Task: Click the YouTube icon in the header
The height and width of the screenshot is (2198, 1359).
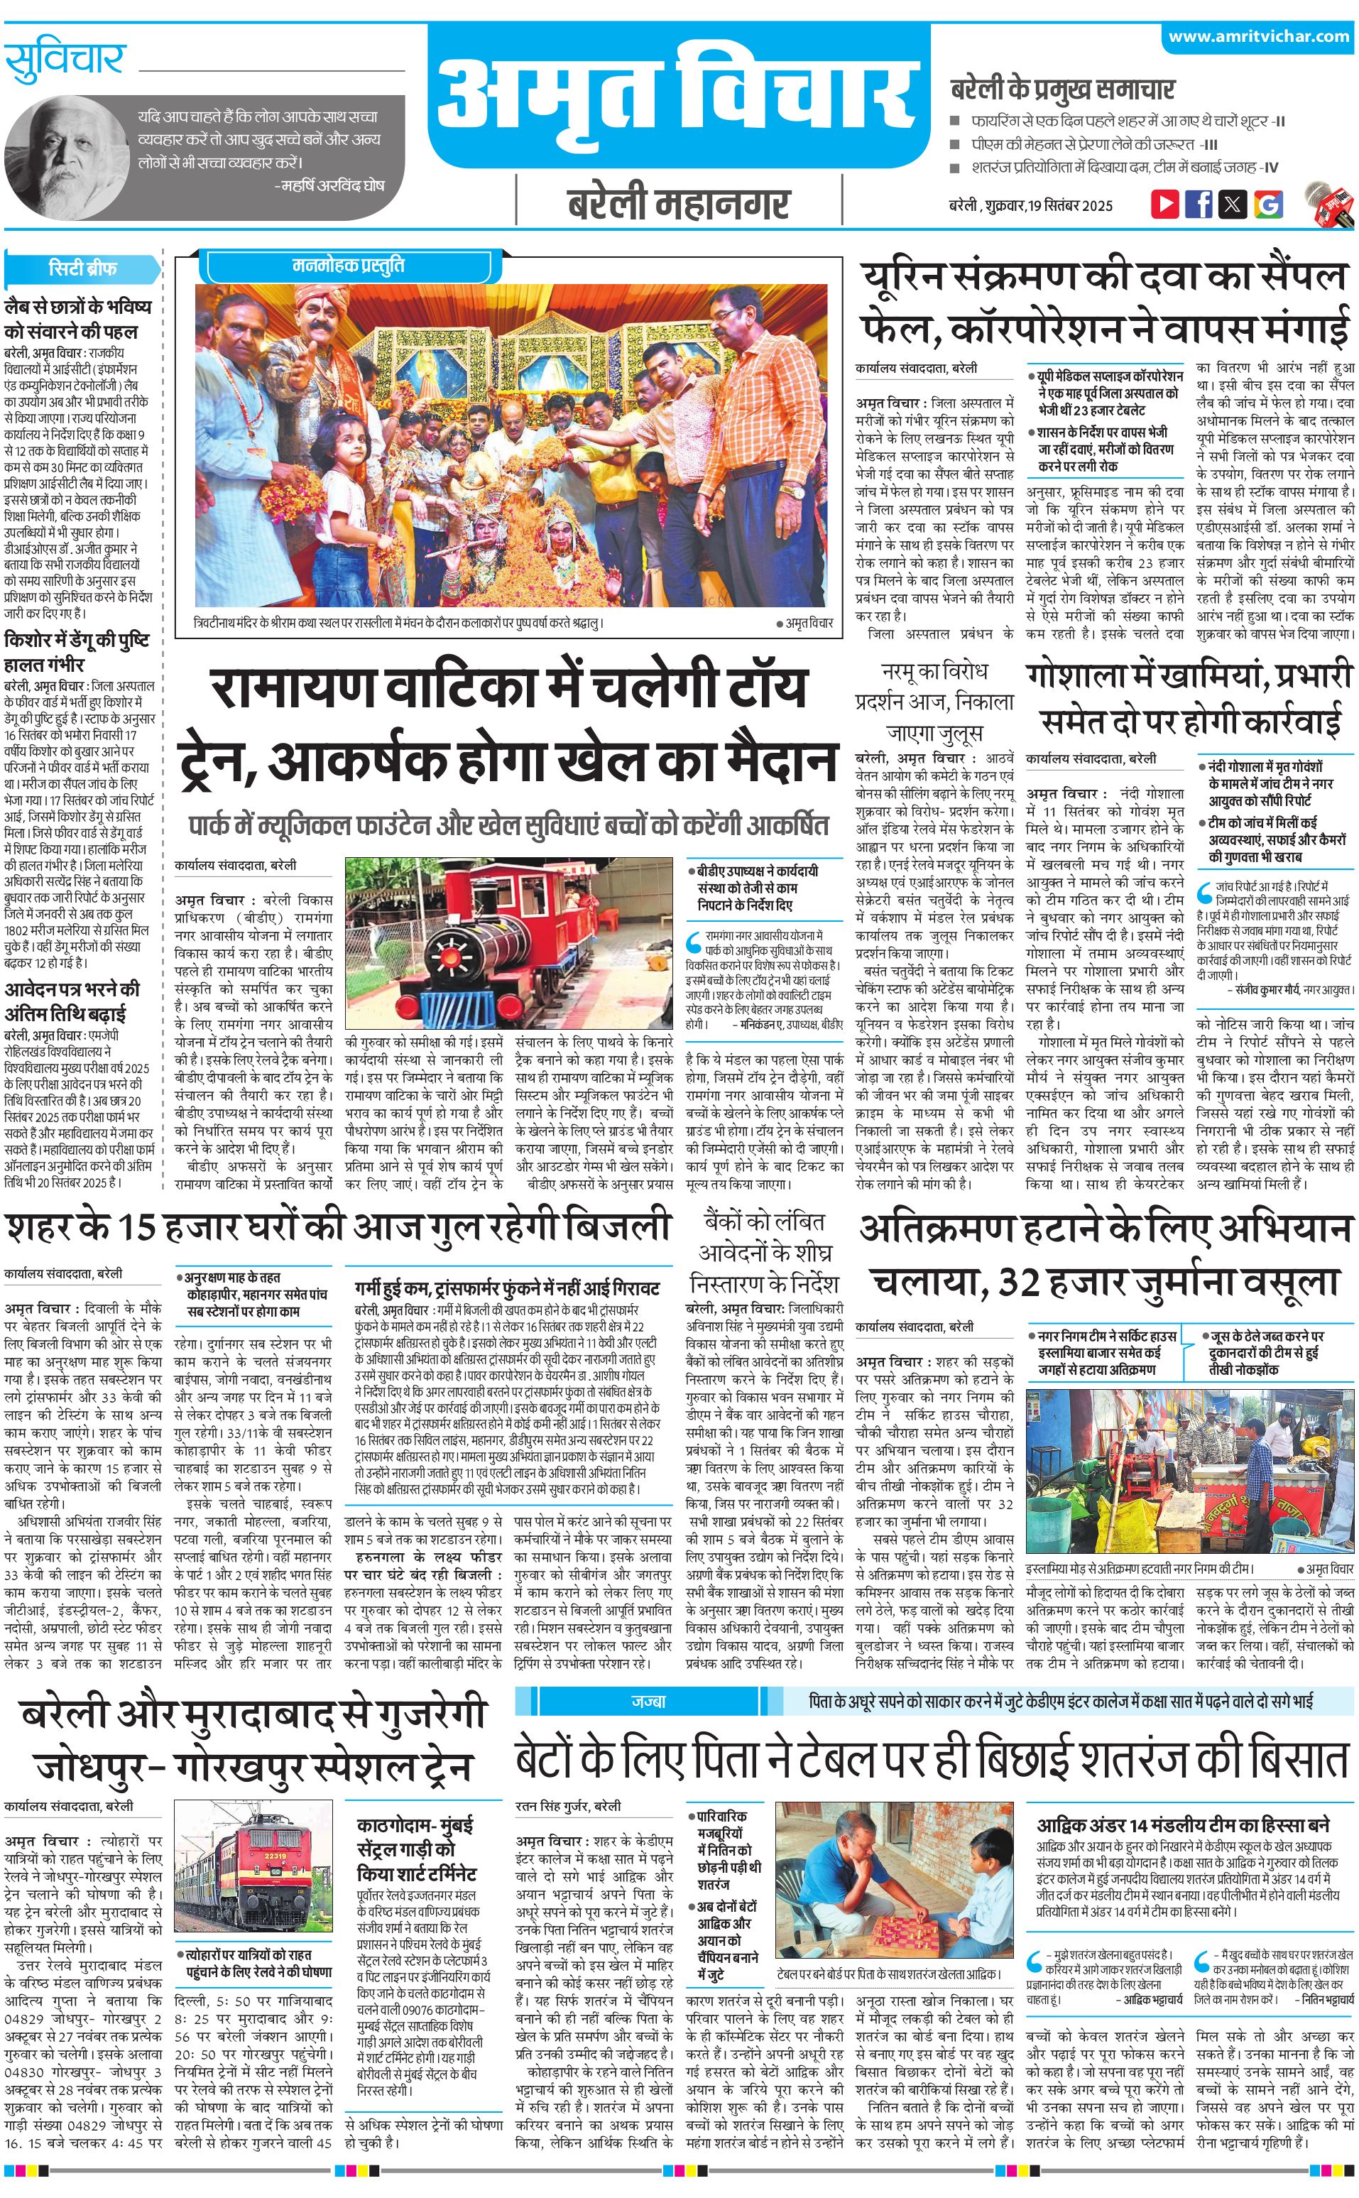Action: (1165, 204)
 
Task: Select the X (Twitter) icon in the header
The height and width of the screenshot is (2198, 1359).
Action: (1233, 204)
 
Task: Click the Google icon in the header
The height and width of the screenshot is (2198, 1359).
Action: (1267, 204)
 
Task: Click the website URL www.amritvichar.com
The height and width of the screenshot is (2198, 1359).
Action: (1258, 37)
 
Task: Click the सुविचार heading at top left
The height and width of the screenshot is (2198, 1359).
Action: (64, 61)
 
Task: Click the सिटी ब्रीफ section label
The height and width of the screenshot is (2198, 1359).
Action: (82, 268)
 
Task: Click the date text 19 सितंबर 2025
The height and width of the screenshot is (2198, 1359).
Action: (1071, 205)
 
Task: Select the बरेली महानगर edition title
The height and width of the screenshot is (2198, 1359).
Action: (679, 205)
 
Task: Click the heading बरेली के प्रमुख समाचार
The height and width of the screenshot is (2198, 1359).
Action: (1061, 89)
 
